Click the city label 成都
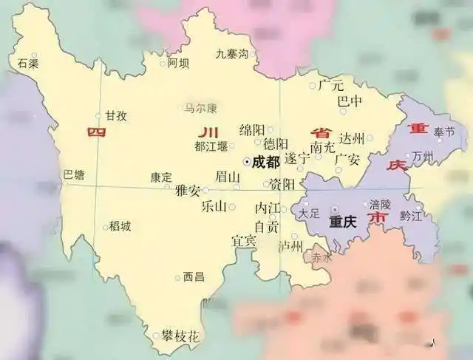point(267,161)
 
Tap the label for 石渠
point(28,64)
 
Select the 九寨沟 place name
point(231,53)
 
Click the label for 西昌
point(194,277)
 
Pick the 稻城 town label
point(120,226)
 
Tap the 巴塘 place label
point(74,175)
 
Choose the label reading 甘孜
point(115,116)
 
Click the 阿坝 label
point(178,64)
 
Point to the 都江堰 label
point(211,146)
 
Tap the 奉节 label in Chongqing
point(445,132)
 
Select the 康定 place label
point(161,177)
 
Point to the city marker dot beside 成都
point(246,161)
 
